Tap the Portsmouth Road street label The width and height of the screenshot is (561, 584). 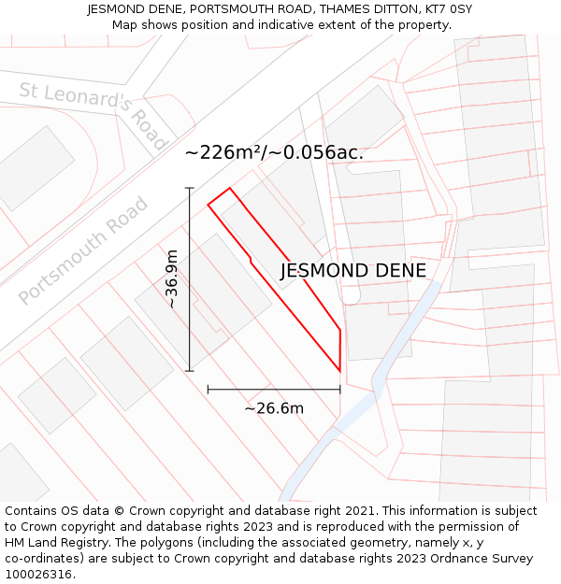point(84,250)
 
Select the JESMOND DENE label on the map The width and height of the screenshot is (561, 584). point(353,271)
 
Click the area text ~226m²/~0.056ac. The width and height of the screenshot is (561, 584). point(274,152)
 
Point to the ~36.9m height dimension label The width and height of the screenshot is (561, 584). point(171,278)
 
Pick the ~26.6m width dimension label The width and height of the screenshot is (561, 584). point(274,408)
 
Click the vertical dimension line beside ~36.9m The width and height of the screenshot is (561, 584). point(190,280)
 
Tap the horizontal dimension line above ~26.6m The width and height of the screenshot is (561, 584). point(273,389)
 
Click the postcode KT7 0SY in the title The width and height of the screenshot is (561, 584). point(446,9)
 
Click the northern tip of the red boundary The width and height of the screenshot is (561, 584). point(229,189)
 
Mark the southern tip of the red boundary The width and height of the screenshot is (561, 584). point(339,371)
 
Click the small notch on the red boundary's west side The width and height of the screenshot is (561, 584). point(251,259)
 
